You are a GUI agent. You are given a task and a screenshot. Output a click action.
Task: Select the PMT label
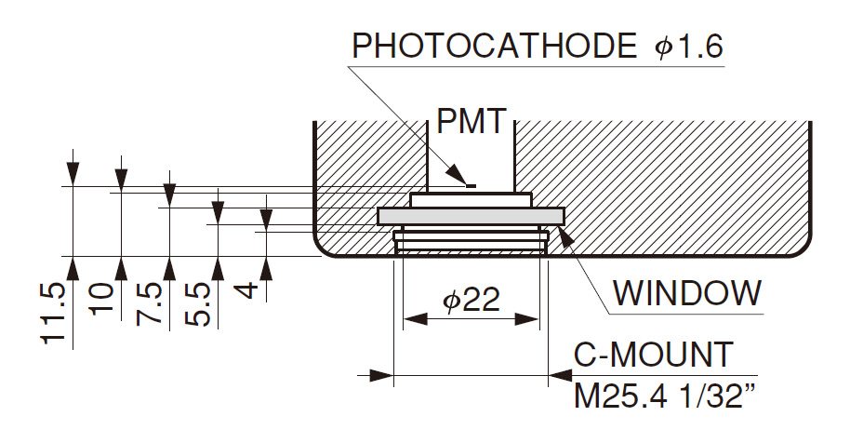point(471,122)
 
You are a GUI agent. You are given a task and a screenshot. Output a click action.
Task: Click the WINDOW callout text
point(687,294)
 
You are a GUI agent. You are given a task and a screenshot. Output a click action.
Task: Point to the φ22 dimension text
point(470,299)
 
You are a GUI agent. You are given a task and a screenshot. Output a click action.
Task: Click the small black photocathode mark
point(471,185)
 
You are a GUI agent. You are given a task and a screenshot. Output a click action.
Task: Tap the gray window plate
point(471,216)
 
